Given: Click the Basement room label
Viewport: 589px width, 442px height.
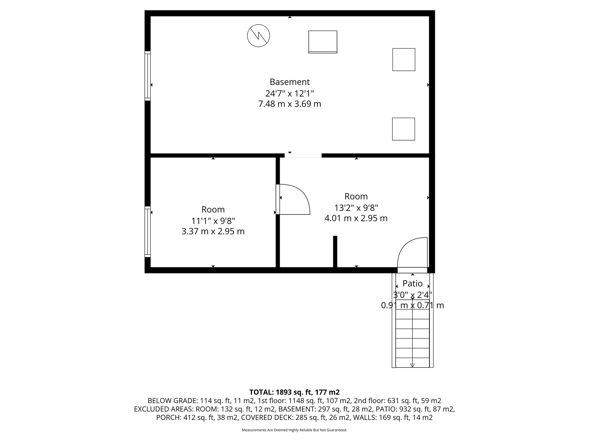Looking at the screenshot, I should (290, 82).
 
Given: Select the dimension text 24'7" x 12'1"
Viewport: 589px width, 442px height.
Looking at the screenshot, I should (290, 93).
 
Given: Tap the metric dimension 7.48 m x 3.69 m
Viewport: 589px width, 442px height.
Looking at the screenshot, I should (290, 104).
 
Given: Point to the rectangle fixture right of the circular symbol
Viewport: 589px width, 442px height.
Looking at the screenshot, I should (323, 42).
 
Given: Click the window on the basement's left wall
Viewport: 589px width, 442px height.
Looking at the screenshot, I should (148, 76).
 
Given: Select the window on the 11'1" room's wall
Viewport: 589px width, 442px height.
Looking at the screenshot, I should (148, 231).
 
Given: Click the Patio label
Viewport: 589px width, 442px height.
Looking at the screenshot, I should (412, 284).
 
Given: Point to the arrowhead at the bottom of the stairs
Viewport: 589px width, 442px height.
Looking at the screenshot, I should (412, 365).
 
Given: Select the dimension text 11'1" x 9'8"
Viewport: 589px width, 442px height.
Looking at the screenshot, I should (213, 221).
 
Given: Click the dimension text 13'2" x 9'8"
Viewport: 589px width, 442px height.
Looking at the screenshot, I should (356, 207).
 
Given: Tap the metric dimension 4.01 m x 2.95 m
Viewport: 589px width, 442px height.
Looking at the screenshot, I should (356, 218).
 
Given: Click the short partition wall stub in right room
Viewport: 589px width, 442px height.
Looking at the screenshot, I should (335, 252).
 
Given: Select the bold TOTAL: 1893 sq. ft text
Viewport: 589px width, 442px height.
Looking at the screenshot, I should (294, 392).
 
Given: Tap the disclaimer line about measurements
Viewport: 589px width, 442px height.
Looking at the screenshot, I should (294, 430).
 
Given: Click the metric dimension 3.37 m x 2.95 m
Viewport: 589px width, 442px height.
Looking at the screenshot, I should (213, 231).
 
